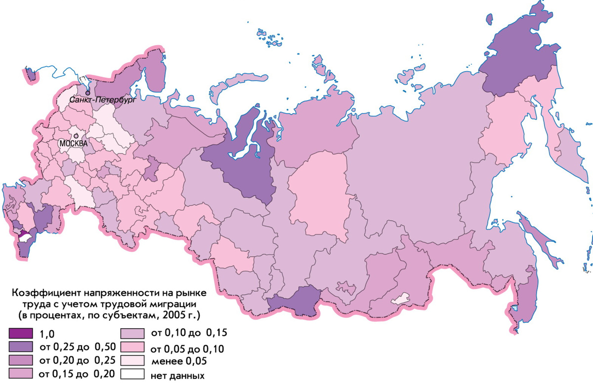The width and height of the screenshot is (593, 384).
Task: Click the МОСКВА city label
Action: [x=73, y=143]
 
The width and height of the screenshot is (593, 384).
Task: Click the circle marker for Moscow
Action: [x=76, y=135]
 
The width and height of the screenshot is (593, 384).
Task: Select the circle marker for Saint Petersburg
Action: [x=87, y=92]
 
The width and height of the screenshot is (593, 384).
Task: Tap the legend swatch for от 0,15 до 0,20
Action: [x=21, y=372]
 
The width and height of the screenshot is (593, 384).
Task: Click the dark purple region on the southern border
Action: [x=295, y=301]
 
